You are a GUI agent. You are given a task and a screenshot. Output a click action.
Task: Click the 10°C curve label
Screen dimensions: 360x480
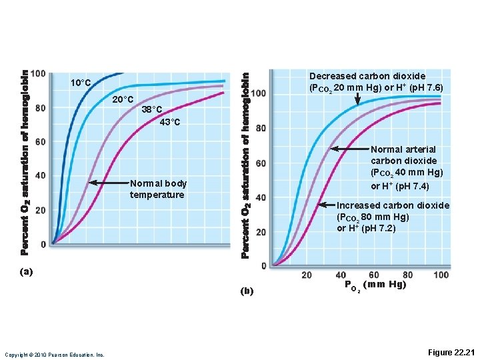click(x=81, y=83)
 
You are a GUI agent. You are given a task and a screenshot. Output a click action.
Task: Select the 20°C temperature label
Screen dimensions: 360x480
click(x=123, y=100)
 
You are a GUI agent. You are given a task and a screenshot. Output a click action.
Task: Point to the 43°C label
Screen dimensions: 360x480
click(x=169, y=122)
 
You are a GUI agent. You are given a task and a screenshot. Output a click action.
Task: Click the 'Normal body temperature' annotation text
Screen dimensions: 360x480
click(x=158, y=189)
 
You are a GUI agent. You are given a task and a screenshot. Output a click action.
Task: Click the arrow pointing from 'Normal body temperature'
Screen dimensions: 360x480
click(x=107, y=182)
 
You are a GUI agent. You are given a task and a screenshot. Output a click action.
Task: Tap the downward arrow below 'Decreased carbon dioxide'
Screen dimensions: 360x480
click(x=358, y=99)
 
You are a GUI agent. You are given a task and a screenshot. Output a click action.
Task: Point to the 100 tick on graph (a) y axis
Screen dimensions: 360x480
click(x=38, y=73)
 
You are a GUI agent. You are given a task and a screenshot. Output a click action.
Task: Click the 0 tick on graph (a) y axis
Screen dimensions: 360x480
click(x=43, y=245)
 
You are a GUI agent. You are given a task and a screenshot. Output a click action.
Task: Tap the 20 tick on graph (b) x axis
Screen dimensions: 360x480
click(x=307, y=275)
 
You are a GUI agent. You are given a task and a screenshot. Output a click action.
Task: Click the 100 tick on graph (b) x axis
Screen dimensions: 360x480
click(x=441, y=275)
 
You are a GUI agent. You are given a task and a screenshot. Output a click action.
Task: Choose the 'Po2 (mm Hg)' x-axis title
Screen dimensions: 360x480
click(x=375, y=285)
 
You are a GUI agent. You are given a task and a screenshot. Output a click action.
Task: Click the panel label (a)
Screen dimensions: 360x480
click(x=26, y=271)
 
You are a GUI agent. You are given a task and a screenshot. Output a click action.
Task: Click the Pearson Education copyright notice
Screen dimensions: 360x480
click(x=54, y=354)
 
